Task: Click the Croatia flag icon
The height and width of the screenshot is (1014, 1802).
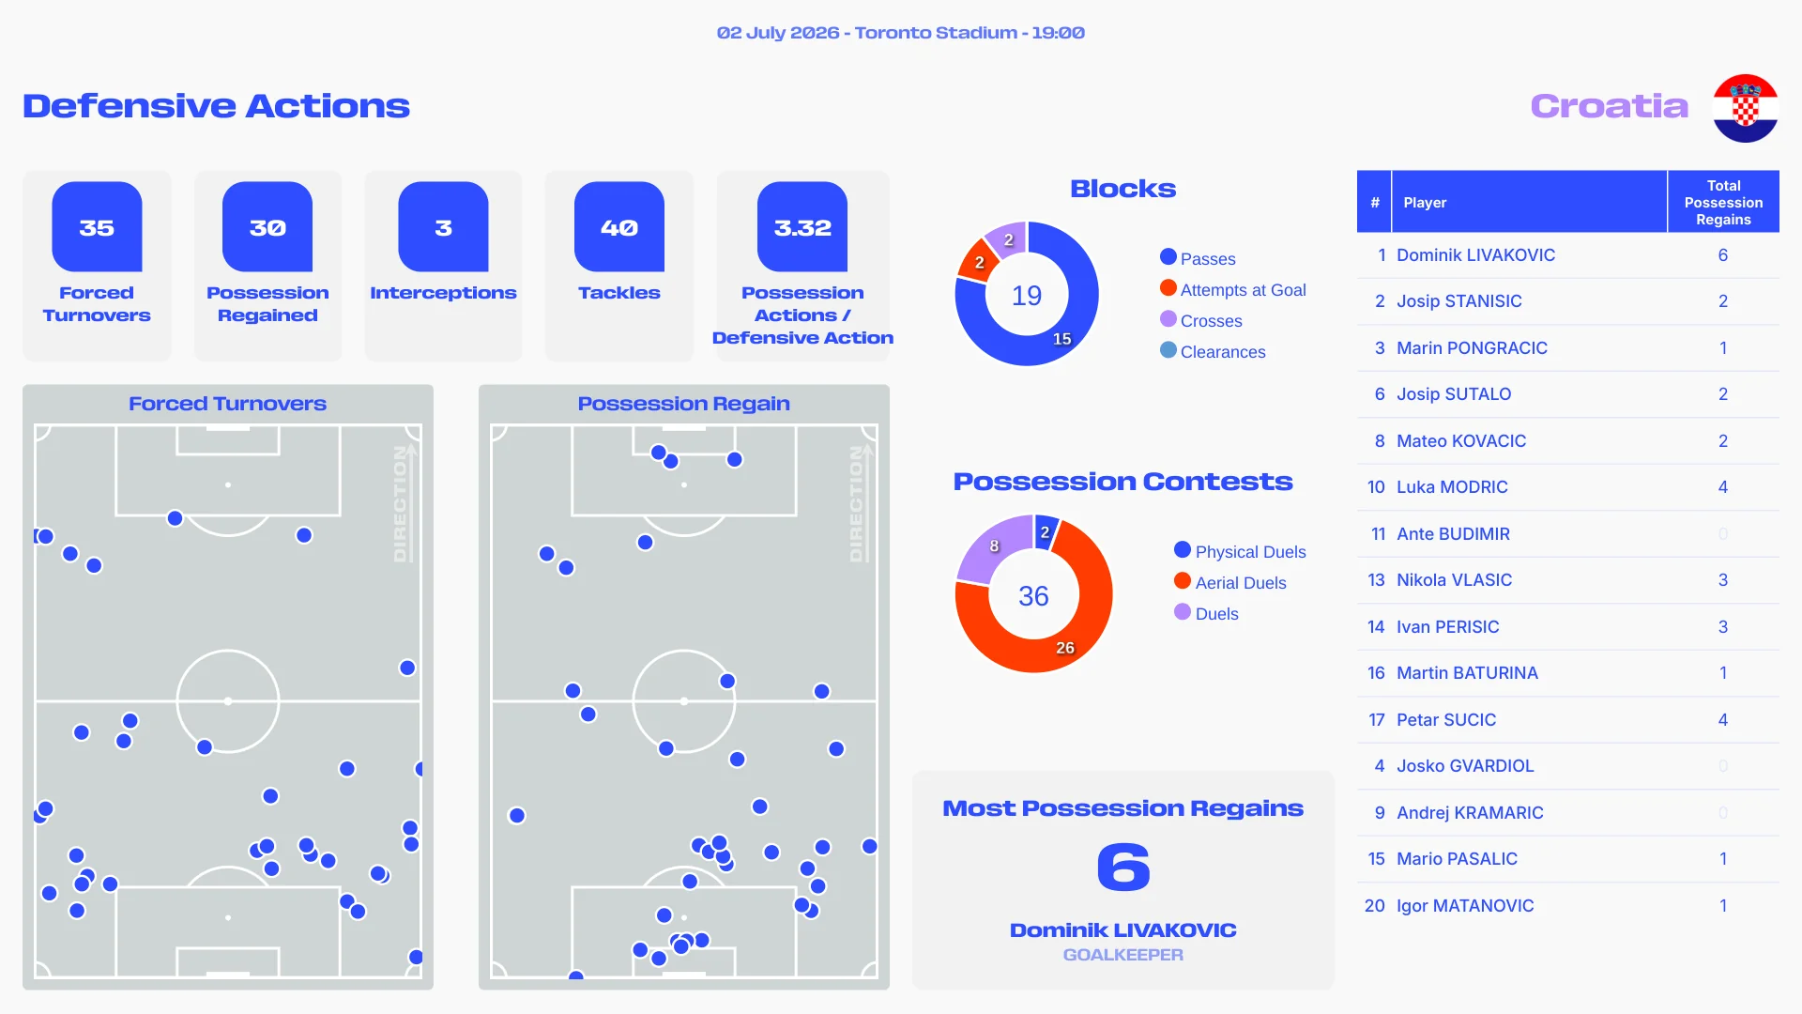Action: point(1745,108)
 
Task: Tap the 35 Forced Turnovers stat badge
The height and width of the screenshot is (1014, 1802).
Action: point(97,227)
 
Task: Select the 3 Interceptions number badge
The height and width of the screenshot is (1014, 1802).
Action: point(443,227)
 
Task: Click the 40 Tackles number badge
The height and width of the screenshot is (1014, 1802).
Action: point(619,227)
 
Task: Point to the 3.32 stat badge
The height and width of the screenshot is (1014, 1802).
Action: point(802,227)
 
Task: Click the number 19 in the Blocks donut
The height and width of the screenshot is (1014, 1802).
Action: point(1027,296)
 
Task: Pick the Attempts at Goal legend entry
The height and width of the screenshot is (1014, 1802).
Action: point(1232,289)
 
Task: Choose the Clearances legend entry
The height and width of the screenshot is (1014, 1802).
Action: point(1213,351)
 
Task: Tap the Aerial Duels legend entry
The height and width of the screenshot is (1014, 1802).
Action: point(1229,582)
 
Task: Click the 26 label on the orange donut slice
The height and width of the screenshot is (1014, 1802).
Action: point(1065,648)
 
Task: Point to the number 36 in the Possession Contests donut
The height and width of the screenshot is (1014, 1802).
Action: point(1033,596)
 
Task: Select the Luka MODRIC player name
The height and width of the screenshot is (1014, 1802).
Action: point(1452,487)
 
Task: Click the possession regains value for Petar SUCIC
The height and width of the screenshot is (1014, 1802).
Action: point(1723,720)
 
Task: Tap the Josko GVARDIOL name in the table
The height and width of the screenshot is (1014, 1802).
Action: point(1465,766)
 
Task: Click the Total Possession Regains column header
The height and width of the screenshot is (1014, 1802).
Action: point(1723,202)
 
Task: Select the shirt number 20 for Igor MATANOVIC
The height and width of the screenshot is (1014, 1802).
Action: point(1375,906)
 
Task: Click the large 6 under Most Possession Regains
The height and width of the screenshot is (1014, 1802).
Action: point(1123,867)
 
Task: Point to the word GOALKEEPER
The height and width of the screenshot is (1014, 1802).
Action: point(1123,955)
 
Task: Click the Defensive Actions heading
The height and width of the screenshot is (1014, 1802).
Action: point(217,106)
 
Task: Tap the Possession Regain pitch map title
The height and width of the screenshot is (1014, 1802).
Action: point(684,404)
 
